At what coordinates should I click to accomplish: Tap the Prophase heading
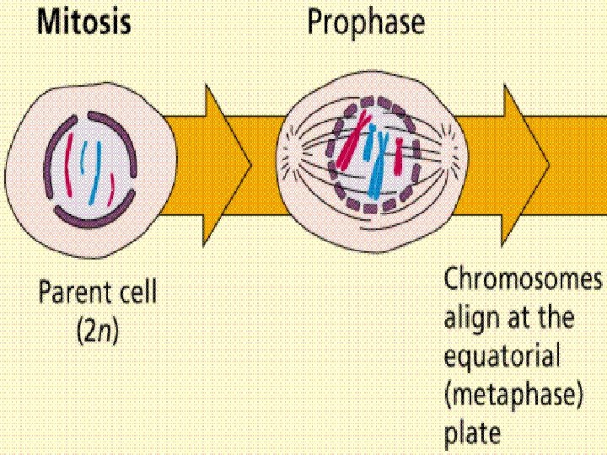(365, 23)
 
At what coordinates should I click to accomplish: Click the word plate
(472, 436)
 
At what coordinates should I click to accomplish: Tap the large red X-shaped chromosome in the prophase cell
(355, 140)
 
